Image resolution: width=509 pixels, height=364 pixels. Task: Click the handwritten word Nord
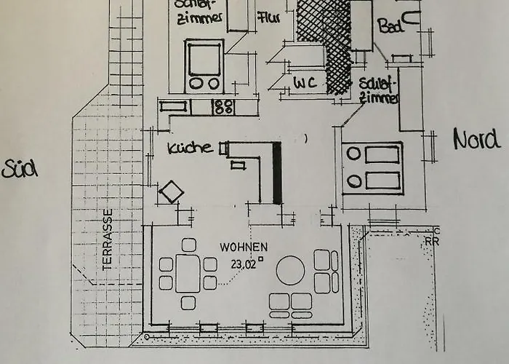pyautogui.click(x=476, y=138)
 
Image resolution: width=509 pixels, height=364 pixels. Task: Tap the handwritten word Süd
pyautogui.click(x=20, y=169)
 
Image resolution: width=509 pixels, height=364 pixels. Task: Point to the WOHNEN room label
pyautogui.click(x=244, y=248)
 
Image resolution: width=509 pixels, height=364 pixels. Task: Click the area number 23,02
pyautogui.click(x=244, y=264)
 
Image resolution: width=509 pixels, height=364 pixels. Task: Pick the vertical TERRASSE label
pyautogui.click(x=108, y=240)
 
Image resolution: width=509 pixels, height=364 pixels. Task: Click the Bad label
pyautogui.click(x=390, y=26)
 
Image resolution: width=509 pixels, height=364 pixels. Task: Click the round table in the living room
pyautogui.click(x=290, y=271)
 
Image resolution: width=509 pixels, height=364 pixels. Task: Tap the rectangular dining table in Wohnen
pyautogui.click(x=188, y=273)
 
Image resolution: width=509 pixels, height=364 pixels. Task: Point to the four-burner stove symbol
pyautogui.click(x=223, y=107)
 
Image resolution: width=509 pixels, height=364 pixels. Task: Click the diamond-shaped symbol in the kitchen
pyautogui.click(x=172, y=193)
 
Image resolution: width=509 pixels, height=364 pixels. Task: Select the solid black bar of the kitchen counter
pyautogui.click(x=277, y=173)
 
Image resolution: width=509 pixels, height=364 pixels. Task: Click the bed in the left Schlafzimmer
pyautogui.click(x=204, y=66)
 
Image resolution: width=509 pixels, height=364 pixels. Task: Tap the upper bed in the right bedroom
pyautogui.click(x=372, y=154)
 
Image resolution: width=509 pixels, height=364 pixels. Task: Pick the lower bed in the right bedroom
pyautogui.click(x=372, y=180)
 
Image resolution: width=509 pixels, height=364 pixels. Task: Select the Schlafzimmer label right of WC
pyautogui.click(x=379, y=91)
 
